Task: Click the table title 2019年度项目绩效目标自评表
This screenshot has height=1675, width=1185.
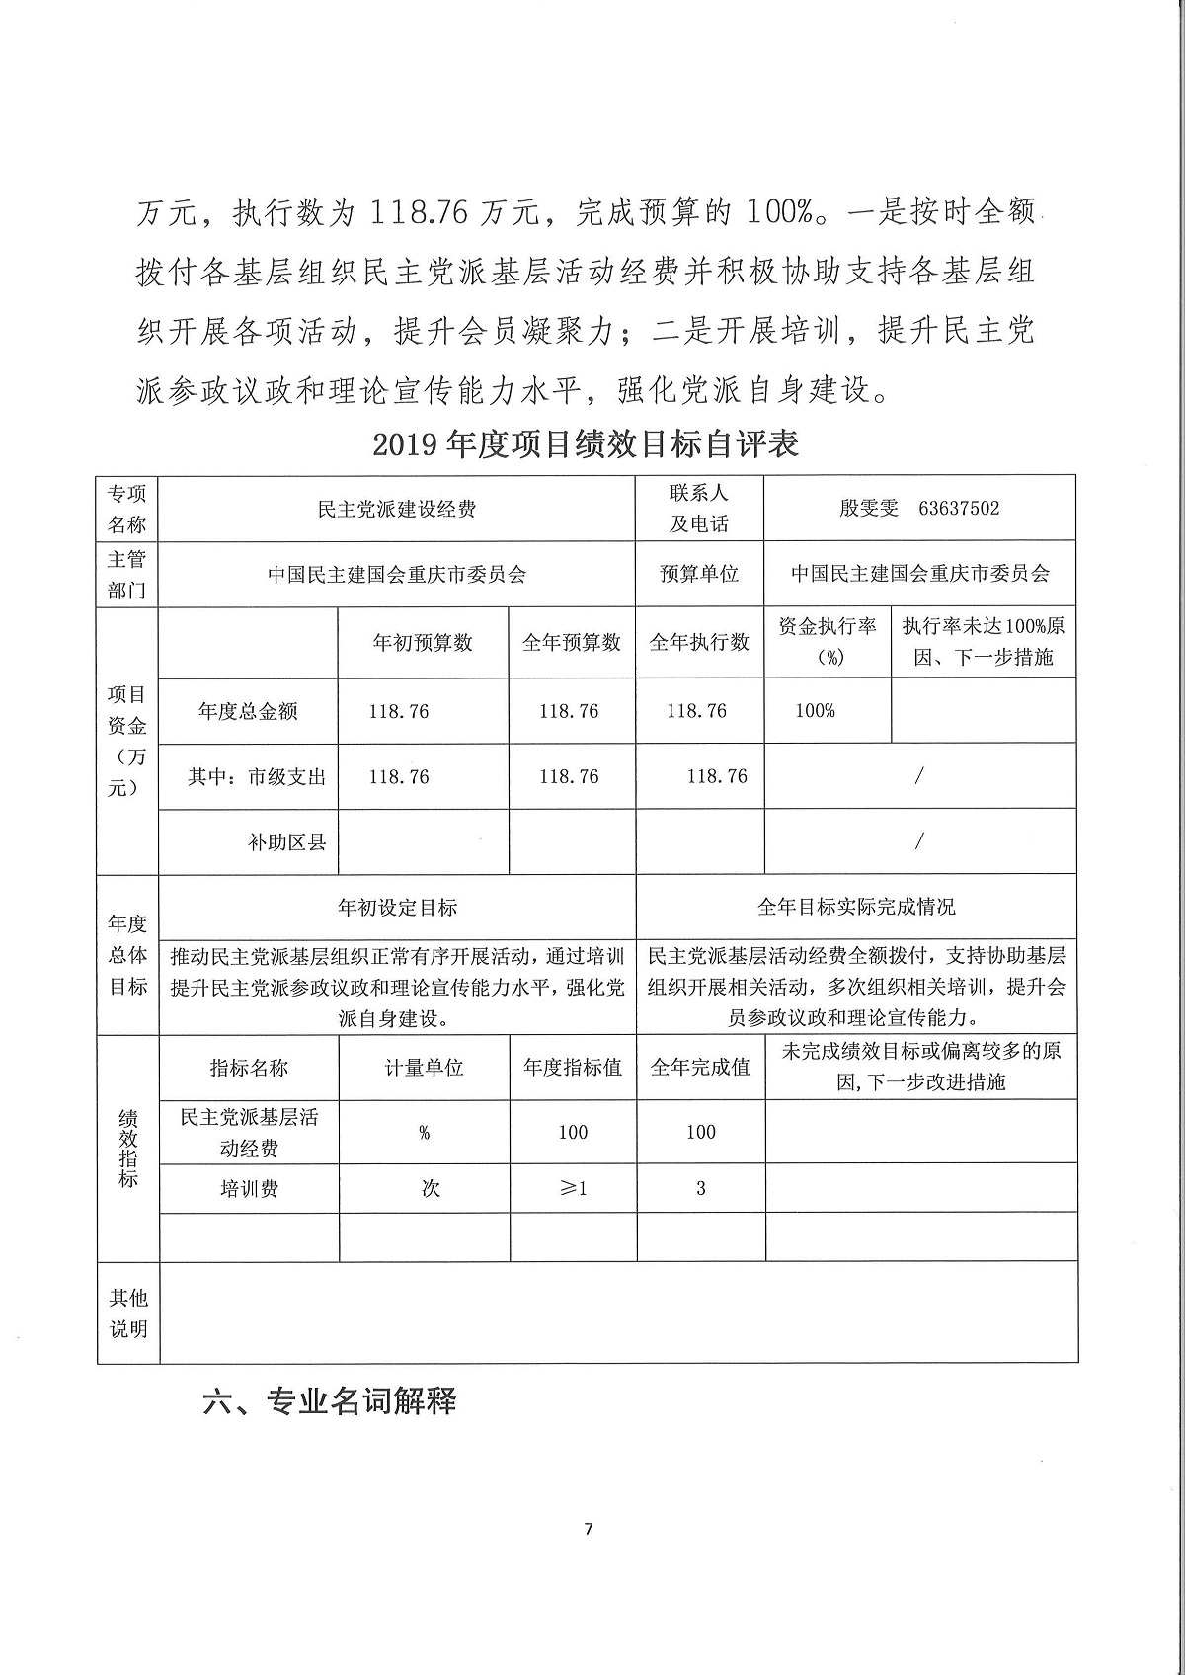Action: pyautogui.click(x=586, y=444)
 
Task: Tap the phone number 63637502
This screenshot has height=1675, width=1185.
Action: pyautogui.click(x=958, y=509)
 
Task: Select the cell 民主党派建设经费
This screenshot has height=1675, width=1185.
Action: pyautogui.click(x=397, y=510)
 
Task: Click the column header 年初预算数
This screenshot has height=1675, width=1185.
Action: pyautogui.click(x=423, y=643)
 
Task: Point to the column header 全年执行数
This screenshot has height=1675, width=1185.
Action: pyautogui.click(x=699, y=643)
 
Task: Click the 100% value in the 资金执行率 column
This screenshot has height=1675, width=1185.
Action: pyautogui.click(x=815, y=711)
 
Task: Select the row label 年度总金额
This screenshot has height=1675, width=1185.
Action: pyautogui.click(x=248, y=711)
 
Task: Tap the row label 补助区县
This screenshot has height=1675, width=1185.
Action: pyautogui.click(x=287, y=842)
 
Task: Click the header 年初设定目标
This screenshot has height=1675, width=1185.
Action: pyautogui.click(x=397, y=907)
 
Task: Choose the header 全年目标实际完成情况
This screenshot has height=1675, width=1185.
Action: pyautogui.click(x=856, y=907)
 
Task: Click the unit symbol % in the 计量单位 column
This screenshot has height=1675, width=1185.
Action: pyautogui.click(x=425, y=1133)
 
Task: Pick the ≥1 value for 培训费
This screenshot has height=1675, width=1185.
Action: pyautogui.click(x=573, y=1188)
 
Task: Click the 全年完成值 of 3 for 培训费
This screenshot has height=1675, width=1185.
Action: pyautogui.click(x=701, y=1188)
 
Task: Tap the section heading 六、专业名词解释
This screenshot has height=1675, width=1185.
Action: pyautogui.click(x=329, y=1400)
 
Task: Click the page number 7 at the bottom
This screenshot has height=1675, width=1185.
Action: pyautogui.click(x=589, y=1530)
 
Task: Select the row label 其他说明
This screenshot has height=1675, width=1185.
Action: pyautogui.click(x=128, y=1314)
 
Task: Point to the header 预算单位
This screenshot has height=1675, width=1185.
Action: pyautogui.click(x=699, y=574)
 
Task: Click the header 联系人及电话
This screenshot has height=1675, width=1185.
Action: pyautogui.click(x=699, y=509)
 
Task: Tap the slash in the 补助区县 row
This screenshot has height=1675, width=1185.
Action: pyautogui.click(x=919, y=841)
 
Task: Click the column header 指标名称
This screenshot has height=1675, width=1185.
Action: pyautogui.click(x=249, y=1068)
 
